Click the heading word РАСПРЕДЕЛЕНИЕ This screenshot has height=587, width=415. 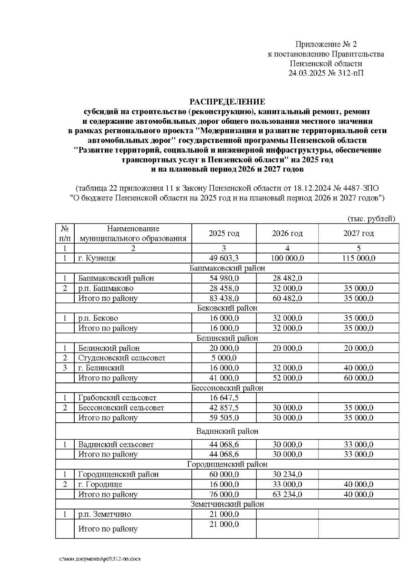click(227, 102)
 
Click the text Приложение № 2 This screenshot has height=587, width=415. click(326, 44)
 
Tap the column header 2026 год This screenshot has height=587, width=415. click(287, 233)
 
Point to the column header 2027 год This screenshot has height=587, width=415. click(358, 233)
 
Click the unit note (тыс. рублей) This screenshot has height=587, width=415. click(370, 219)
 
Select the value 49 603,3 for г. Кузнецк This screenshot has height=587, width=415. click(224, 258)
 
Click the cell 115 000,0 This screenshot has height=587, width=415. click(358, 258)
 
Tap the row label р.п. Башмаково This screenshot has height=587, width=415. click(105, 288)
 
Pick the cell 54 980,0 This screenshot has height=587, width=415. click(224, 278)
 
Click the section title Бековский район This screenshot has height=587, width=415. click(227, 308)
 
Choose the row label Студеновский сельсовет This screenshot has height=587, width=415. click(122, 358)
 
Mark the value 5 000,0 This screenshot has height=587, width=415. click(224, 358)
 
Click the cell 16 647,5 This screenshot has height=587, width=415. click(224, 398)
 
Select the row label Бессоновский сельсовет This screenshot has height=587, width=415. click(121, 408)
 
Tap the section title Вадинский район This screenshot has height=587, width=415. click(227, 431)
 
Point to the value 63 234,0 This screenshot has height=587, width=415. click(287, 494)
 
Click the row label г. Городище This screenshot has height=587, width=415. click(100, 484)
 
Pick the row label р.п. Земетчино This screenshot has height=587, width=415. click(104, 514)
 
